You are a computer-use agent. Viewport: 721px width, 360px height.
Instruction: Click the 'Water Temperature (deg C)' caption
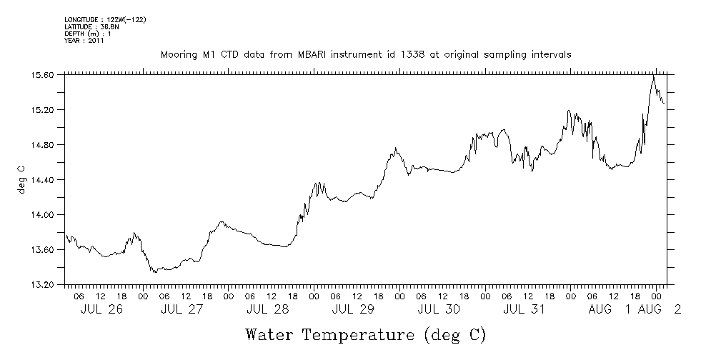coord(365,334)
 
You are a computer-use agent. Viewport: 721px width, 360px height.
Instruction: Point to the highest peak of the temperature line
coord(653,75)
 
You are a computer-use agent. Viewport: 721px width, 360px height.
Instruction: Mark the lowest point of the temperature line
coord(153,273)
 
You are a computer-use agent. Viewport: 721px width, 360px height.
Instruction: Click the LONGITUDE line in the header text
coord(105,19)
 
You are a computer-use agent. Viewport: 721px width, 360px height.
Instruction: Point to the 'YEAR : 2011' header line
coord(84,41)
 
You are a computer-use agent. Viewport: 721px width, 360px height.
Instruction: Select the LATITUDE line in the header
coord(89,26)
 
